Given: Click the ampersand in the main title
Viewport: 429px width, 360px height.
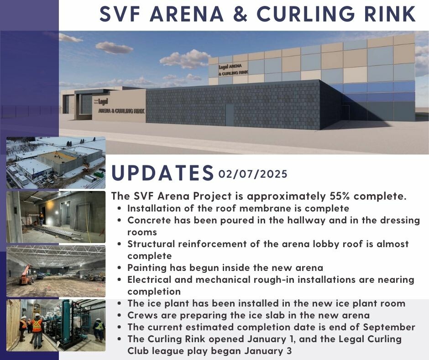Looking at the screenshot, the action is (x=240, y=14).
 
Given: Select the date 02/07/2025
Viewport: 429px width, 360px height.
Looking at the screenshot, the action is (x=253, y=174).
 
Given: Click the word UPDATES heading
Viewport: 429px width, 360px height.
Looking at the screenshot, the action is (x=162, y=173).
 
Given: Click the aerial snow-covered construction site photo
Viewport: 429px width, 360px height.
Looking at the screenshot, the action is (x=56, y=163).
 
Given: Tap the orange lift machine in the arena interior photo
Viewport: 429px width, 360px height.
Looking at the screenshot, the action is (x=26, y=275).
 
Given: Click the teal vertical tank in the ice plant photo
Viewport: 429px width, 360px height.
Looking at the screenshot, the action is (x=66, y=322).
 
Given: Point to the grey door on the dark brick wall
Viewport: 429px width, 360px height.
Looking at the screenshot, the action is (x=230, y=115).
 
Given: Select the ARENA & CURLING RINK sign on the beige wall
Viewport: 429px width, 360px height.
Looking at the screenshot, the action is (x=121, y=111).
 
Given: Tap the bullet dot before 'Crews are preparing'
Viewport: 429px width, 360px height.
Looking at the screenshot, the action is (x=119, y=316).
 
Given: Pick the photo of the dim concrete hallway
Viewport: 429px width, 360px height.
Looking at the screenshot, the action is (x=56, y=217).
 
